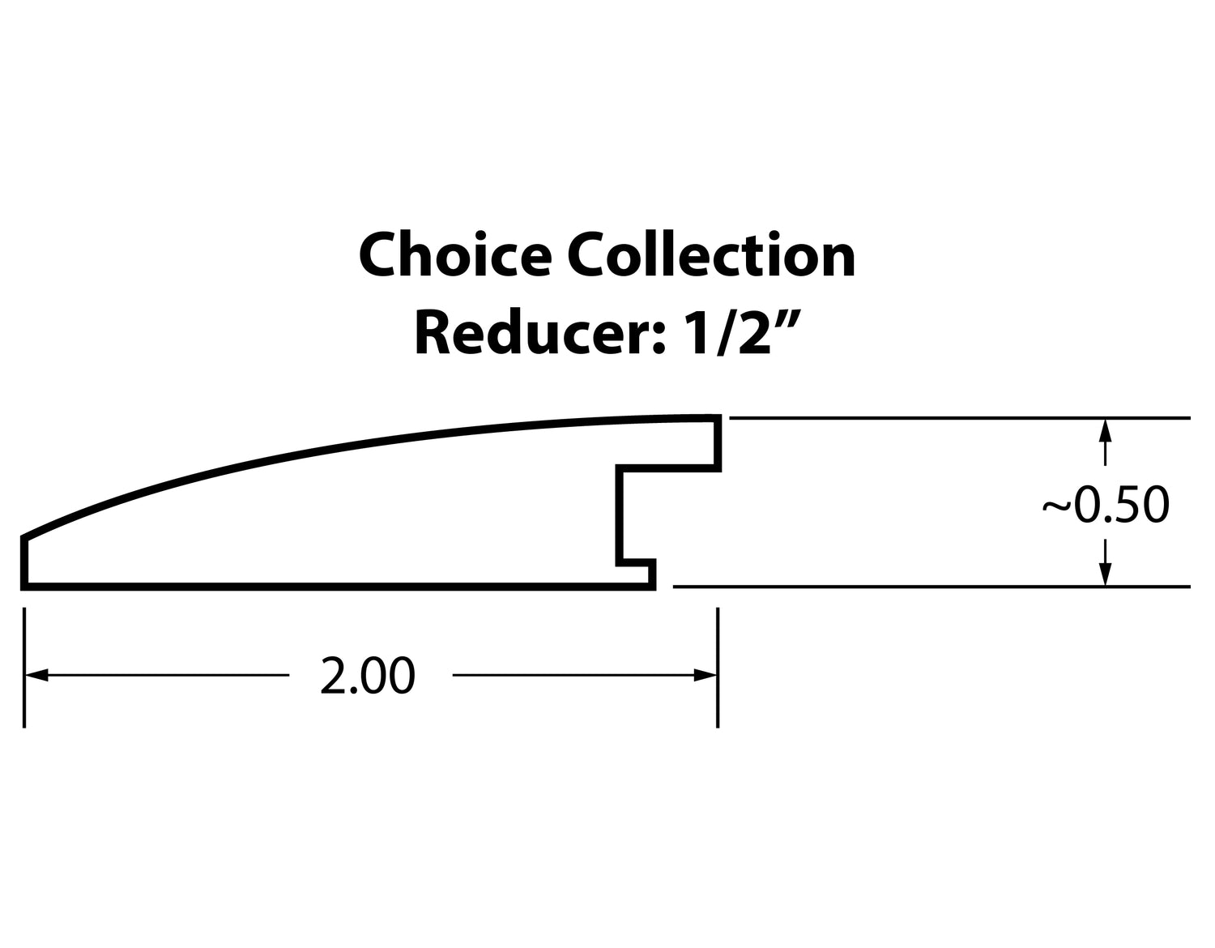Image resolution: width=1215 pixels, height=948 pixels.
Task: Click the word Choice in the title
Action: click(x=456, y=255)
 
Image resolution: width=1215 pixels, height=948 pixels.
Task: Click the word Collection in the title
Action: click(x=710, y=255)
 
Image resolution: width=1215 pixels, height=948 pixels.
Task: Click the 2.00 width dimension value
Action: click(x=368, y=677)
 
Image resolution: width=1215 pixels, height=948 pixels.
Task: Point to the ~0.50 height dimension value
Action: click(x=1106, y=505)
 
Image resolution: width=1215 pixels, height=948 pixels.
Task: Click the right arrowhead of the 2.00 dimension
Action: click(x=705, y=676)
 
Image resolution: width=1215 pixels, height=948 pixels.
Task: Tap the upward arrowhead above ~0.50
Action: click(x=1105, y=431)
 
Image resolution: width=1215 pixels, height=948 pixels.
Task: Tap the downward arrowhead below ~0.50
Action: click(x=1105, y=574)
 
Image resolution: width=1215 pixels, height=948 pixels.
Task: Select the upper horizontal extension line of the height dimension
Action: click(x=960, y=418)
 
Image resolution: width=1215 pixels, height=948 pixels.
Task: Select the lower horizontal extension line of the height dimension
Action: click(x=932, y=587)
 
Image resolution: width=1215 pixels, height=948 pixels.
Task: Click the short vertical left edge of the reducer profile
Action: click(x=24, y=561)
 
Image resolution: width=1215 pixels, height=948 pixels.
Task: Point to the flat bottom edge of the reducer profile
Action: click(x=338, y=587)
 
